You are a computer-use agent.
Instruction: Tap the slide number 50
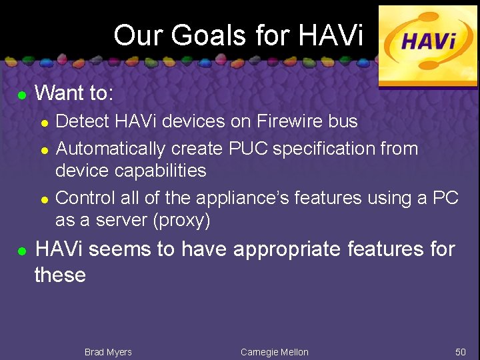460,352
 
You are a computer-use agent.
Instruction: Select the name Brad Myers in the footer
108,352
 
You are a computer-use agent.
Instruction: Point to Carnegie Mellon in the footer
274,352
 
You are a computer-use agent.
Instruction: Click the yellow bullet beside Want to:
21,95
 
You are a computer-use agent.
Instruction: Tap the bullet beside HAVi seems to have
21,252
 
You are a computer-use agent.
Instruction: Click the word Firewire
281,121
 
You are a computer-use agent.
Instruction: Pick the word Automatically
111,148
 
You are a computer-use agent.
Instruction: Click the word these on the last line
60,275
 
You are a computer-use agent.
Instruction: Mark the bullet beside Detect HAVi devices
43,123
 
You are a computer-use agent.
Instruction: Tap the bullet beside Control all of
43,199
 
